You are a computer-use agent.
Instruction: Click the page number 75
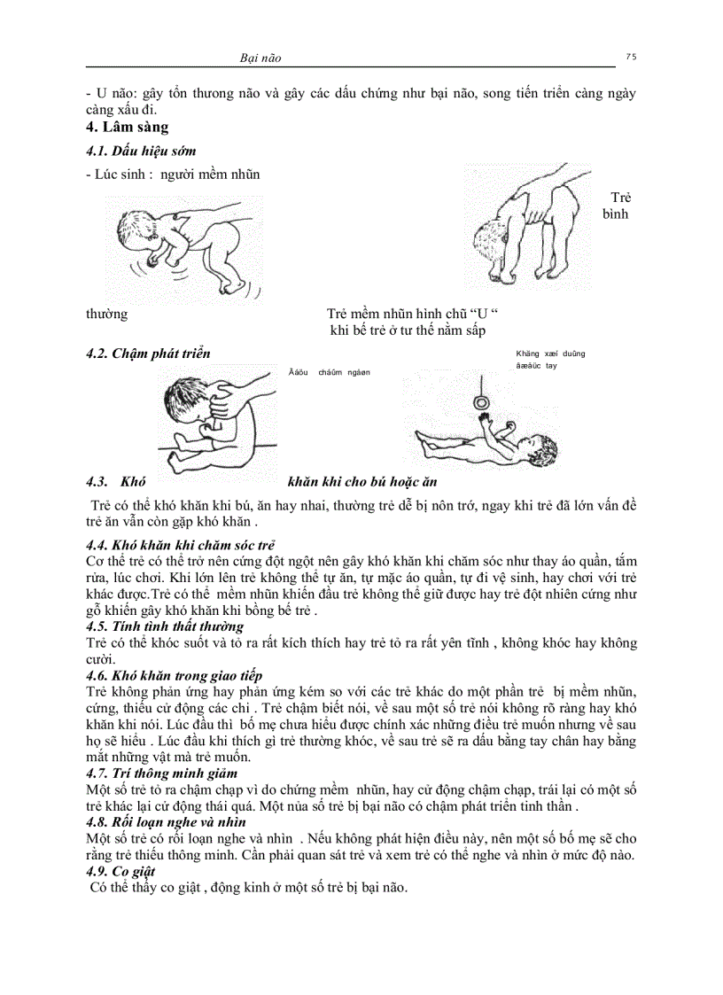pyautogui.click(x=630, y=56)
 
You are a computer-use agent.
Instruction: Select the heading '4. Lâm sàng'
pyautogui.click(x=127, y=128)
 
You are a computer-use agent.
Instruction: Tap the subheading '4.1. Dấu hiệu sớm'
pyautogui.click(x=141, y=152)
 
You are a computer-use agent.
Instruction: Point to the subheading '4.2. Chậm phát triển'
pyautogui.click(x=148, y=354)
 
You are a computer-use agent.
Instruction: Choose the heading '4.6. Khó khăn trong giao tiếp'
pyautogui.click(x=174, y=676)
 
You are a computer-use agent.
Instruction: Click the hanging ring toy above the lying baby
pyautogui.click(x=482, y=401)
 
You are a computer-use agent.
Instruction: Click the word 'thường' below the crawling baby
pyautogui.click(x=106, y=315)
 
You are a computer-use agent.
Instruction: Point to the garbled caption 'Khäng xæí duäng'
pyautogui.click(x=549, y=354)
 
